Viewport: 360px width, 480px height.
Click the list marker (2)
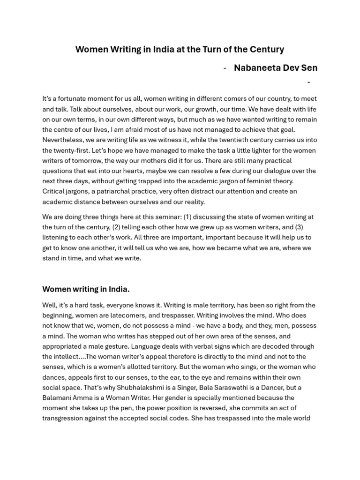point(117,227)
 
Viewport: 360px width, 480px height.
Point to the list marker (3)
point(299,227)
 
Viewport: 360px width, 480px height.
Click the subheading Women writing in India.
point(86,289)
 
